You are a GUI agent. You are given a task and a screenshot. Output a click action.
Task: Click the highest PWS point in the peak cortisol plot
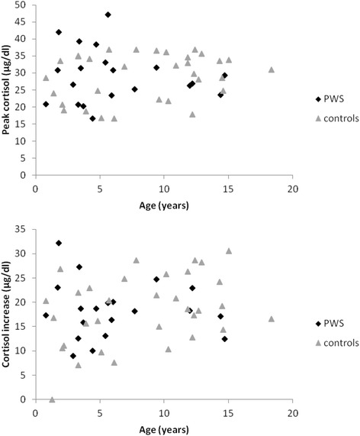[108, 15]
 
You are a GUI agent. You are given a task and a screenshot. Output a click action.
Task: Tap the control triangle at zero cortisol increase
[52, 399]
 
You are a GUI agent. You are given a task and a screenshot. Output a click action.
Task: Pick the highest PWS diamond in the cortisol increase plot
[59, 243]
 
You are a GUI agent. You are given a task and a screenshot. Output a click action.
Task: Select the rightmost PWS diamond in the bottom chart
[225, 339]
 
